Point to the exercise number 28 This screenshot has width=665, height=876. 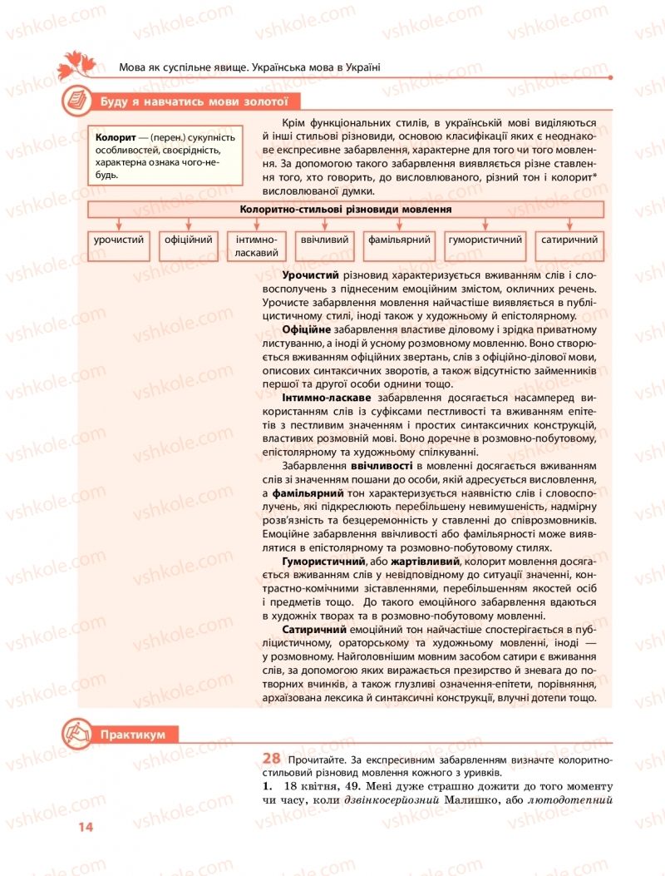(x=271, y=758)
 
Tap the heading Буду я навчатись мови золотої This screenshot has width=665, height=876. (x=193, y=101)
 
